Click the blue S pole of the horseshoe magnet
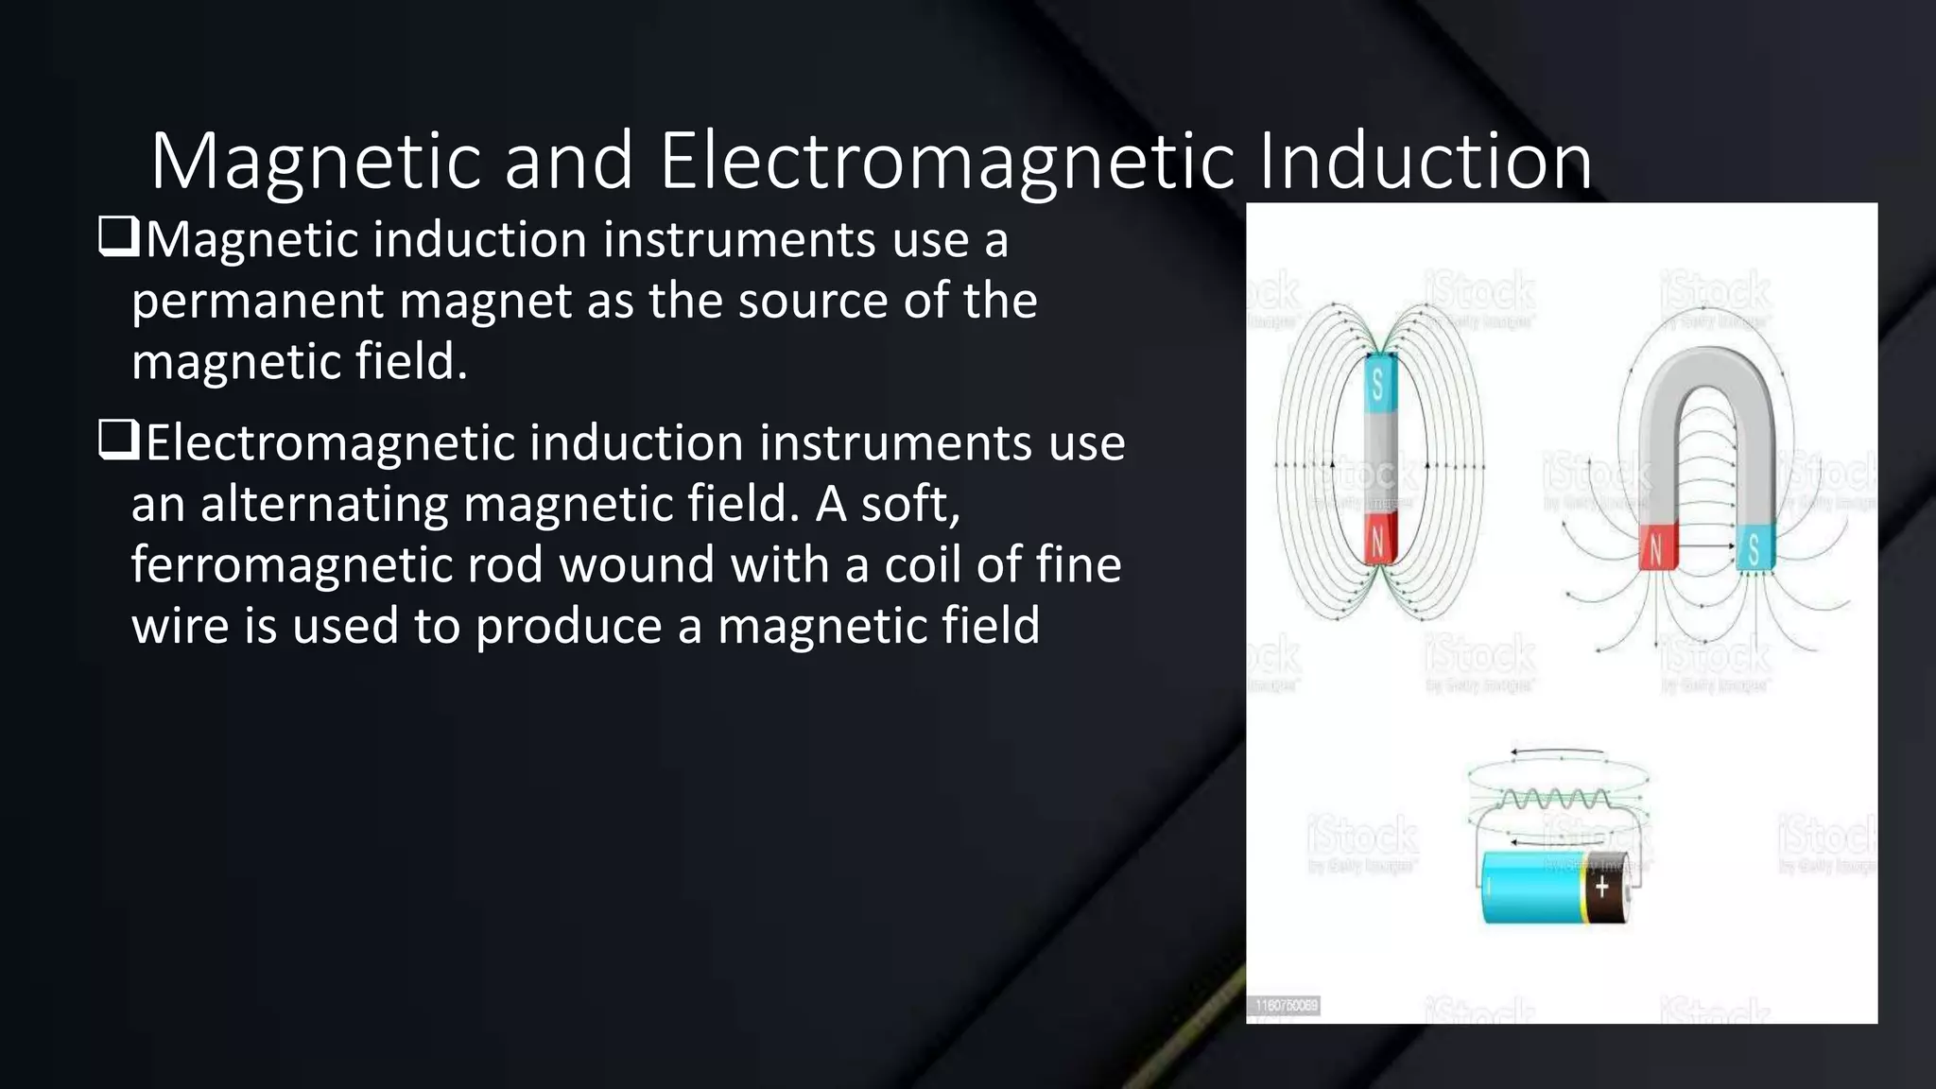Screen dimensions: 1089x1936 [1755, 547]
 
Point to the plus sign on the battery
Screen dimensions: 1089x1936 [1601, 887]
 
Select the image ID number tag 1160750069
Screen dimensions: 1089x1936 [1286, 1005]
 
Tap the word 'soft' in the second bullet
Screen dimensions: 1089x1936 [909, 504]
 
